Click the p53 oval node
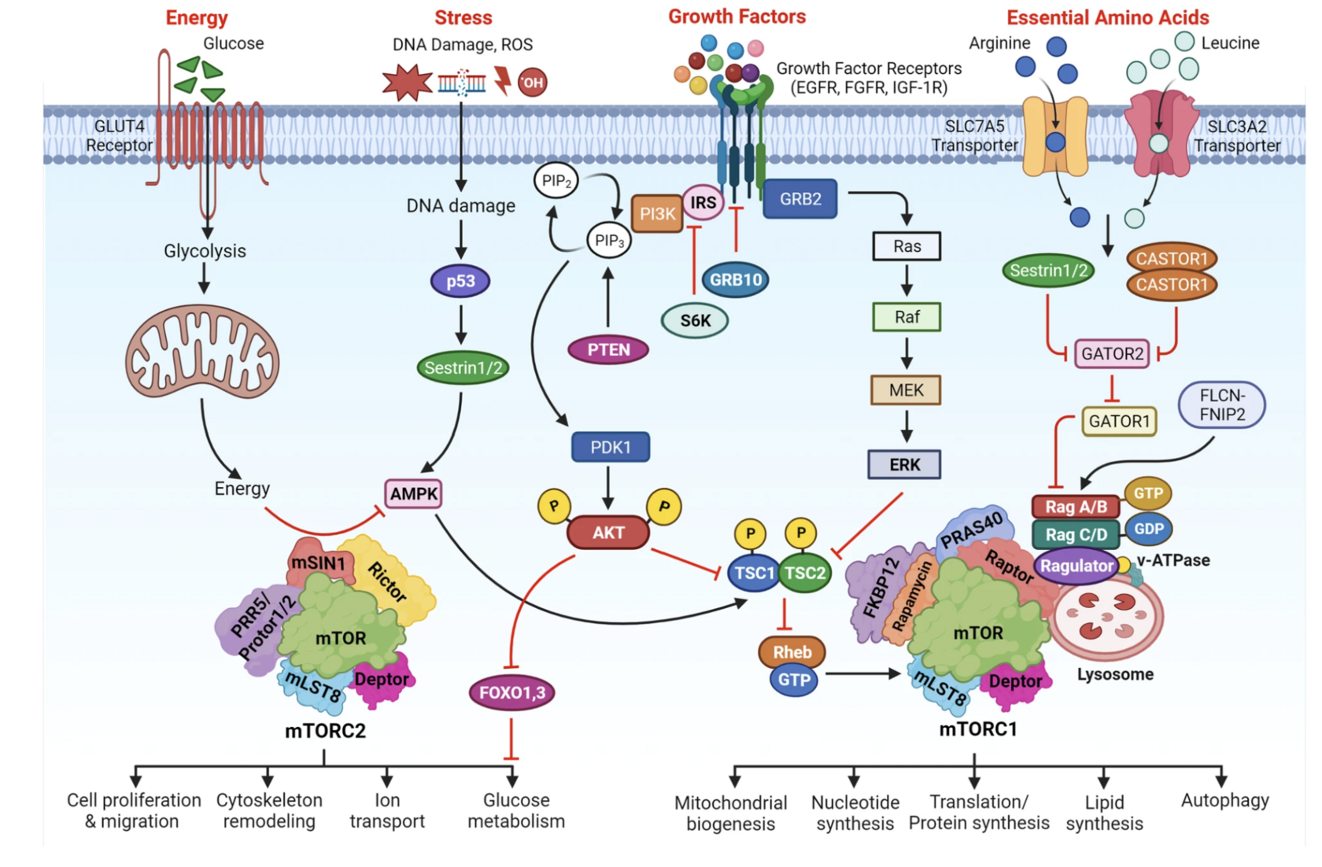[x=460, y=281]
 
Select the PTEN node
[x=608, y=349]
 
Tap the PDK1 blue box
[x=610, y=447]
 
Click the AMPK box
[x=413, y=494]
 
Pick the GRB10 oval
[x=735, y=279]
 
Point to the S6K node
[x=695, y=320]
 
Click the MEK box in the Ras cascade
[x=906, y=390]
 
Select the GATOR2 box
[x=1111, y=353]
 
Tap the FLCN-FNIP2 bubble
[x=1221, y=404]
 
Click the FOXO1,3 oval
[x=511, y=692]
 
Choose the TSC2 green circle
[x=805, y=573]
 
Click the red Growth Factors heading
[x=737, y=17]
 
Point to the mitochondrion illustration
[x=202, y=352]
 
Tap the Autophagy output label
[x=1224, y=800]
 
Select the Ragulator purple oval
[x=1076, y=566]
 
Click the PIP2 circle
[x=556, y=181]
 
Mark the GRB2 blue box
[x=799, y=199]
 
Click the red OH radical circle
[x=532, y=82]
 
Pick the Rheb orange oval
[x=792, y=651]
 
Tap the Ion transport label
[x=386, y=810]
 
